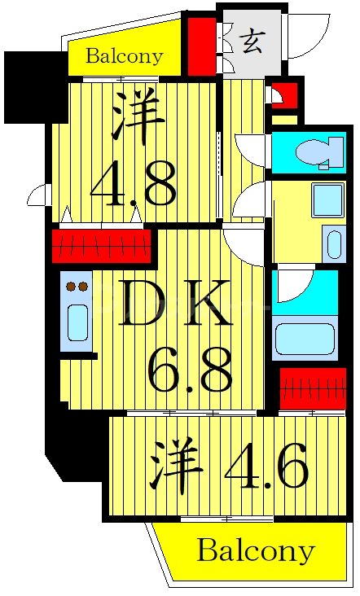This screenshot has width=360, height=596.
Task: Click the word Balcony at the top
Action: click(124, 57)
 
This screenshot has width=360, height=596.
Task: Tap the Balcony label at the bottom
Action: click(255, 551)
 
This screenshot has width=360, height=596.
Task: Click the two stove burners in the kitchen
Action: click(77, 286)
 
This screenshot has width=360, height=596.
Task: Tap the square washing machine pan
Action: click(327, 200)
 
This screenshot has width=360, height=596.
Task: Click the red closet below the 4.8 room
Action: click(102, 244)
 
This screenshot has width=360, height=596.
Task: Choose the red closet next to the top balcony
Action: click(198, 46)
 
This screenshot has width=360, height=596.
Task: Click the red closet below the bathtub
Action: click(313, 388)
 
